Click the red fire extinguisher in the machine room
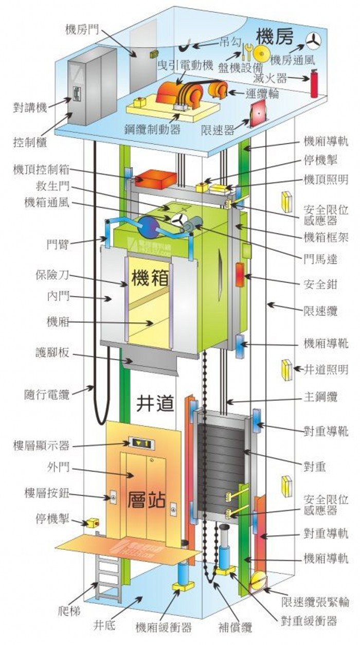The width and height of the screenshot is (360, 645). pyautogui.click(x=314, y=84)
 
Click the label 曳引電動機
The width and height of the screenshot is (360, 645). pyautogui.click(x=185, y=65)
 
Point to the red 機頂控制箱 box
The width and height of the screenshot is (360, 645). pyautogui.click(x=155, y=178)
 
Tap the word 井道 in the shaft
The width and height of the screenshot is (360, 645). pyautogui.click(x=155, y=404)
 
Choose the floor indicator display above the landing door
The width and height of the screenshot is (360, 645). pyautogui.click(x=140, y=442)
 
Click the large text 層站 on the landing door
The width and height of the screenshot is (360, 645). pyautogui.click(x=147, y=498)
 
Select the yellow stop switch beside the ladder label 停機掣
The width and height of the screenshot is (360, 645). pyautogui.click(x=93, y=523)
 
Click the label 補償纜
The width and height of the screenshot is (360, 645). pyautogui.click(x=235, y=627)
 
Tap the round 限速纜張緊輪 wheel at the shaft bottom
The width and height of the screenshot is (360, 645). pyautogui.click(x=257, y=583)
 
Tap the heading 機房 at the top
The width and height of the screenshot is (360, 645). pyautogui.click(x=275, y=36)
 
